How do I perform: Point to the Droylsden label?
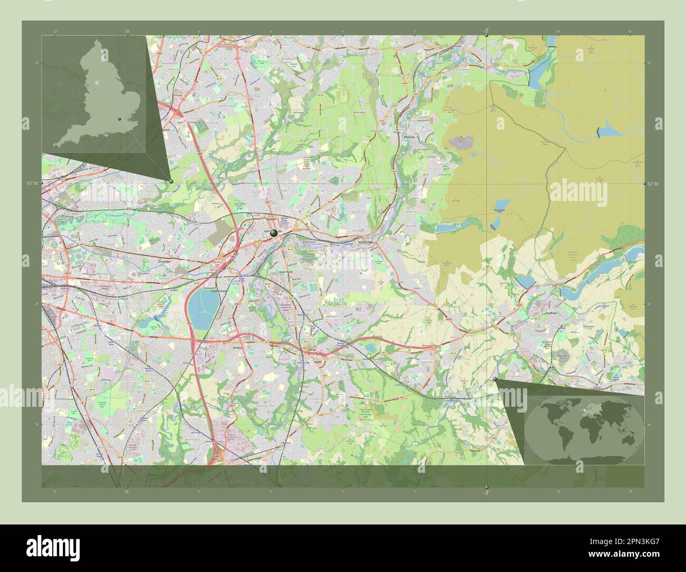(165, 261)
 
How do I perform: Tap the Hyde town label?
(318, 363)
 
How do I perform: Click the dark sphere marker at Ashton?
(273, 232)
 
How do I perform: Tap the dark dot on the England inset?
(120, 120)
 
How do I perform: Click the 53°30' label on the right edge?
(653, 183)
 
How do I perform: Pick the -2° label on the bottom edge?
(486, 492)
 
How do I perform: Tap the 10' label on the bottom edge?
(127, 492)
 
